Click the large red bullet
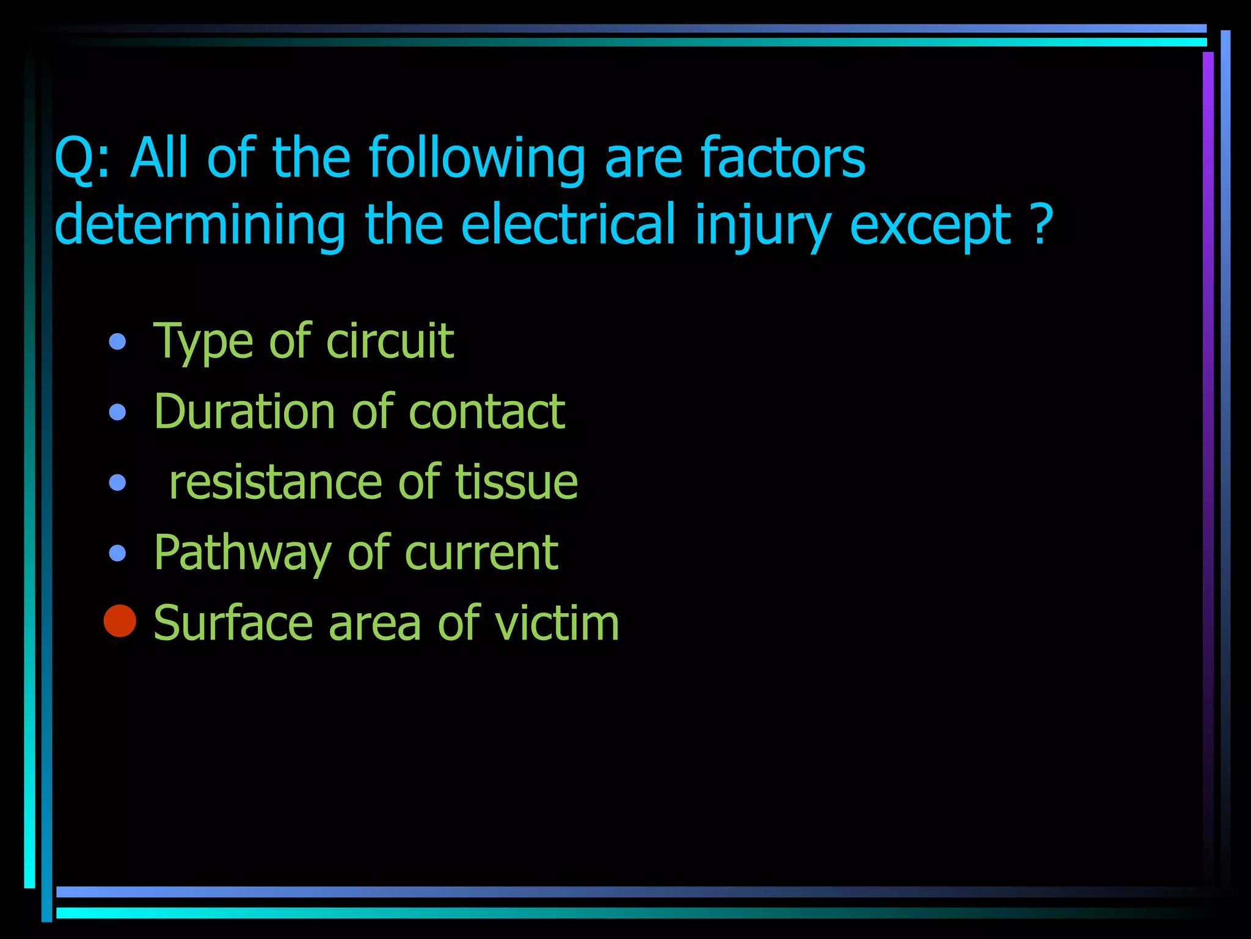pos(120,621)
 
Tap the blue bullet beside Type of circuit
pos(117,341)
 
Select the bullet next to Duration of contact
pos(117,412)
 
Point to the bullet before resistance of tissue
pos(117,483)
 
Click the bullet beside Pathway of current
pos(117,553)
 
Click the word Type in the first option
pos(202,341)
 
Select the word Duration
pos(244,411)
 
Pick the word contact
pos(486,411)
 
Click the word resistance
pos(275,482)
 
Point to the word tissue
pos(516,482)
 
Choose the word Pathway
pos(242,553)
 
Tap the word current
pos(481,553)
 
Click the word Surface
pos(233,623)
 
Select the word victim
pos(557,623)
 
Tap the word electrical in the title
pos(567,224)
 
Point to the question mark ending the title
pos(1041,224)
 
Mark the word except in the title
pos(930,226)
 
